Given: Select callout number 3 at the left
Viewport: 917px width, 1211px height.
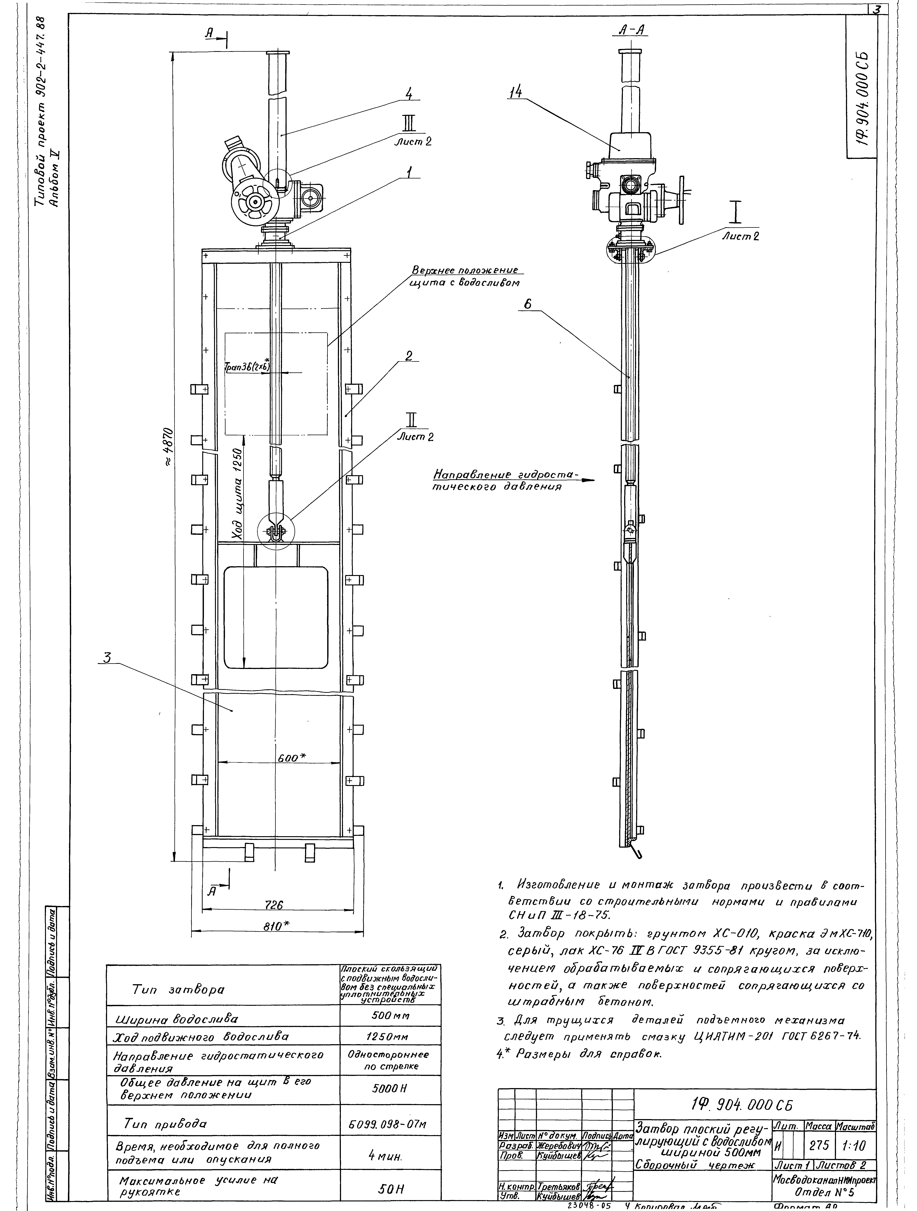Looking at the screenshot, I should [107, 659].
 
